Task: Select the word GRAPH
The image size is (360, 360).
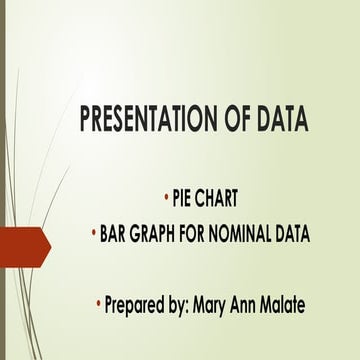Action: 161,234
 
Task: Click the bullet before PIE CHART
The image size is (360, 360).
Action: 165,195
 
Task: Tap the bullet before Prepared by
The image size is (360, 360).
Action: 99,300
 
